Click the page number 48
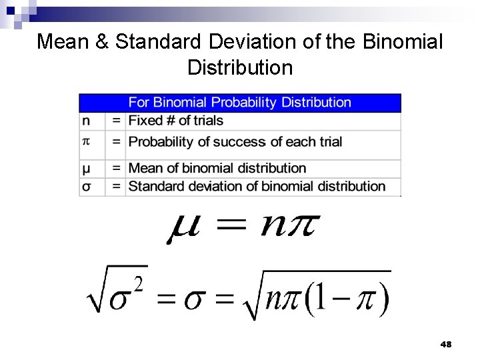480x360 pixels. click(x=446, y=345)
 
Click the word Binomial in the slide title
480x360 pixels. click(x=403, y=42)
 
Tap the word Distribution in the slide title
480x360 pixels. click(x=240, y=67)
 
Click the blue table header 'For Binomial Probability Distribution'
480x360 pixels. click(x=239, y=103)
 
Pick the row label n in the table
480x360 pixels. click(x=86, y=121)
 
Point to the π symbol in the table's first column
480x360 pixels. click(x=85, y=141)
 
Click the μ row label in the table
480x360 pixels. click(x=86, y=168)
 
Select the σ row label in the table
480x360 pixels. click(x=86, y=186)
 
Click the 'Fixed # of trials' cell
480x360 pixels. click(x=175, y=121)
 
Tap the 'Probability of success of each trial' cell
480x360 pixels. click(x=235, y=141)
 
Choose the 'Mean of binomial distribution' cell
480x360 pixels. click(x=217, y=168)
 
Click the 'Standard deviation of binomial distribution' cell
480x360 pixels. click(x=257, y=186)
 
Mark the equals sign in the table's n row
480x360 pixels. click(x=116, y=121)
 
